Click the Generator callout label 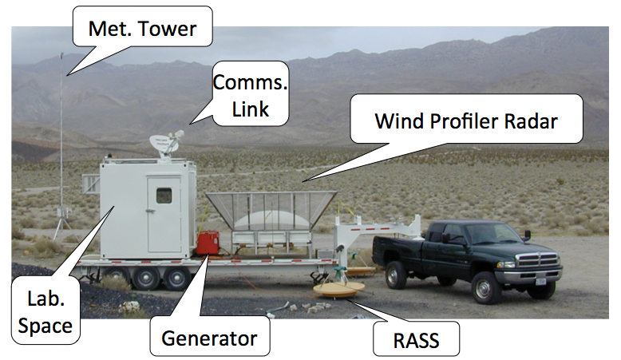tap(209, 338)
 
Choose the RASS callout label tap(417, 341)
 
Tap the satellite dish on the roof tap(166, 144)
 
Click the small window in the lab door tap(164, 195)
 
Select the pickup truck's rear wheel tap(397, 275)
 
